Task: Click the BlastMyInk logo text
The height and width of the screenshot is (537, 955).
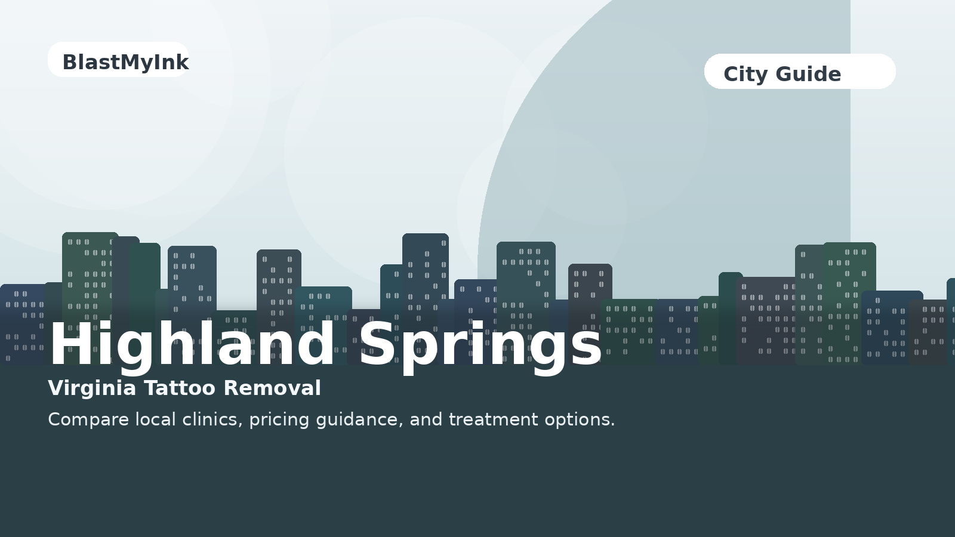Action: coord(125,63)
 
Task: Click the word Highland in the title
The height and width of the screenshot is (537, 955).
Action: coord(192,344)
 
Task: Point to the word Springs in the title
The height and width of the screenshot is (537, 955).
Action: coord(480,347)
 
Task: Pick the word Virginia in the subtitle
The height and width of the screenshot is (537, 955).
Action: coord(92,388)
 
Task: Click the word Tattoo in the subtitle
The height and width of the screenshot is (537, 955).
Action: coord(180,388)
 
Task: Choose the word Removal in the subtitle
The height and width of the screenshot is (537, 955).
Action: coord(272,388)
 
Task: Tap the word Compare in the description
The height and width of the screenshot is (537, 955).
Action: coord(88,420)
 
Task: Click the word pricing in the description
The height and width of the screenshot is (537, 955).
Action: coord(279,421)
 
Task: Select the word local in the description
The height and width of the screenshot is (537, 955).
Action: coord(156,419)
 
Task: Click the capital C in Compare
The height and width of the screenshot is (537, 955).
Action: coord(54,420)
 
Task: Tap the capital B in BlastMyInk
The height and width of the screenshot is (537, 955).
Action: coord(69,63)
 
